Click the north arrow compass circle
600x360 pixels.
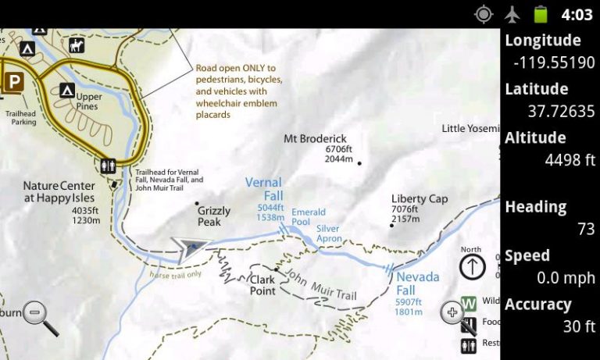(x=472, y=266)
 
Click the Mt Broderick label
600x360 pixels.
(x=315, y=139)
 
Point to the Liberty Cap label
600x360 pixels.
(x=420, y=198)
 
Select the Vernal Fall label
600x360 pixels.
(x=263, y=188)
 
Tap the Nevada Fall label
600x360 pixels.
(x=417, y=283)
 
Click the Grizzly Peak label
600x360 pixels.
(x=214, y=216)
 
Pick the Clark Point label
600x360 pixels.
(x=262, y=285)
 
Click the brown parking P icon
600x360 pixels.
(x=13, y=80)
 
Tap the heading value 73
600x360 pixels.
(x=586, y=229)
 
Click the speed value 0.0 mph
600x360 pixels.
(x=566, y=277)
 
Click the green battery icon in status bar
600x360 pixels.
(x=540, y=14)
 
